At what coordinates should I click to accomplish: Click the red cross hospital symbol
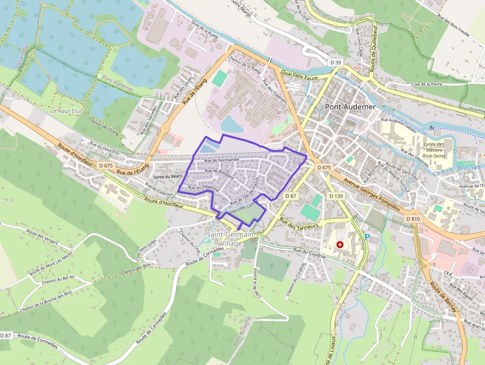point(340,245)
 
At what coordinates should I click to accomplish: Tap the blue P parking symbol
point(367,237)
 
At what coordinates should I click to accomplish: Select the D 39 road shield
point(336,62)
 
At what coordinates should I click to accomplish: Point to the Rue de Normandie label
point(222,160)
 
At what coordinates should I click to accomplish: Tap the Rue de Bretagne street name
point(219,171)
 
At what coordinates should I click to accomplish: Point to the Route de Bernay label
point(442,299)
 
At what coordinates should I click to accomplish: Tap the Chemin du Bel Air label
point(58,281)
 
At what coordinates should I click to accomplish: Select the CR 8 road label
point(448,273)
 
